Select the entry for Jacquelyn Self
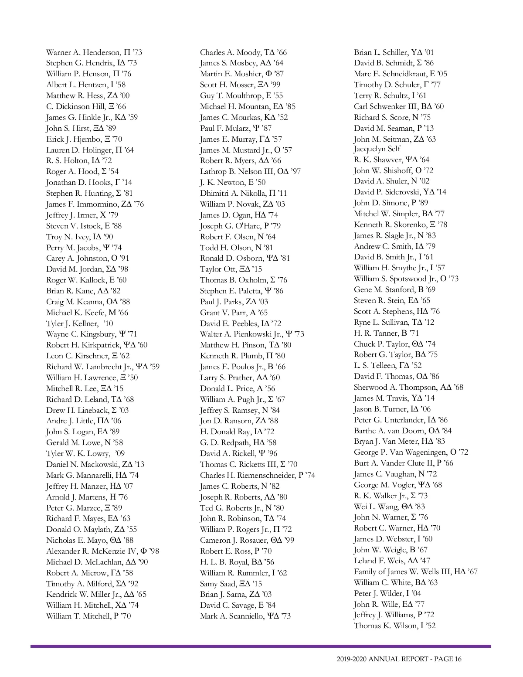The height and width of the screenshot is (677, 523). click(x=377, y=149)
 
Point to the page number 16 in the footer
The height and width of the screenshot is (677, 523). click(x=457, y=659)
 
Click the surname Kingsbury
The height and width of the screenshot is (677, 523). click(x=98, y=334)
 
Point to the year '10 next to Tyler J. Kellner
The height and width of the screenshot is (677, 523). click(x=108, y=323)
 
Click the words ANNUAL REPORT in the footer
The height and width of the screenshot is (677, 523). click(x=398, y=659)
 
